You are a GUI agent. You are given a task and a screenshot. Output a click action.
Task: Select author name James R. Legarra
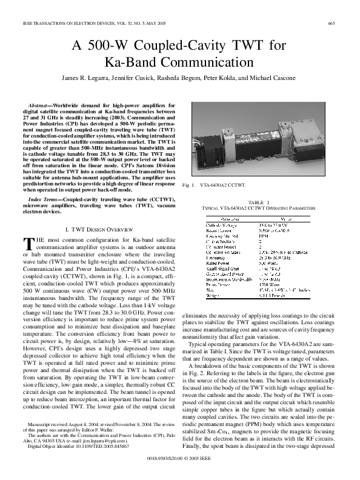tap(85, 78)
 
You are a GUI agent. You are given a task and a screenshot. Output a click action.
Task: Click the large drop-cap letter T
tap(27, 243)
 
